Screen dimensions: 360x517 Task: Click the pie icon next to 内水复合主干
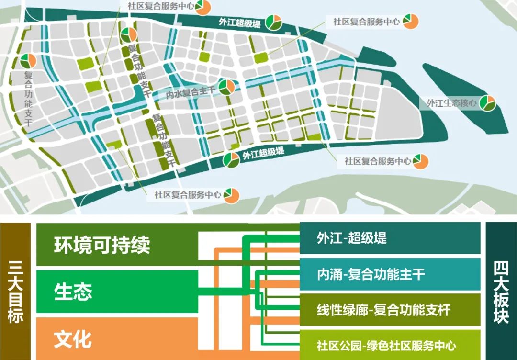[227, 87]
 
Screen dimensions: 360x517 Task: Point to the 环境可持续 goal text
[102, 245]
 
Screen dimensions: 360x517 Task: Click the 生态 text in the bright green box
[73, 292]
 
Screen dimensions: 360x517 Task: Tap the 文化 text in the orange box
[73, 338]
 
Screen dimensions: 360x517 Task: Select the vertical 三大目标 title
[16, 292]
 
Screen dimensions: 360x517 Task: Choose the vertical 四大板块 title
[501, 292]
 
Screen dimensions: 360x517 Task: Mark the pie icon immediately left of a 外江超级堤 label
[231, 160]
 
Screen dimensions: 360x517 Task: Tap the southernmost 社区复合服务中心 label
[188, 195]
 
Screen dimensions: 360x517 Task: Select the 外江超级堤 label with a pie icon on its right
[239, 23]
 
